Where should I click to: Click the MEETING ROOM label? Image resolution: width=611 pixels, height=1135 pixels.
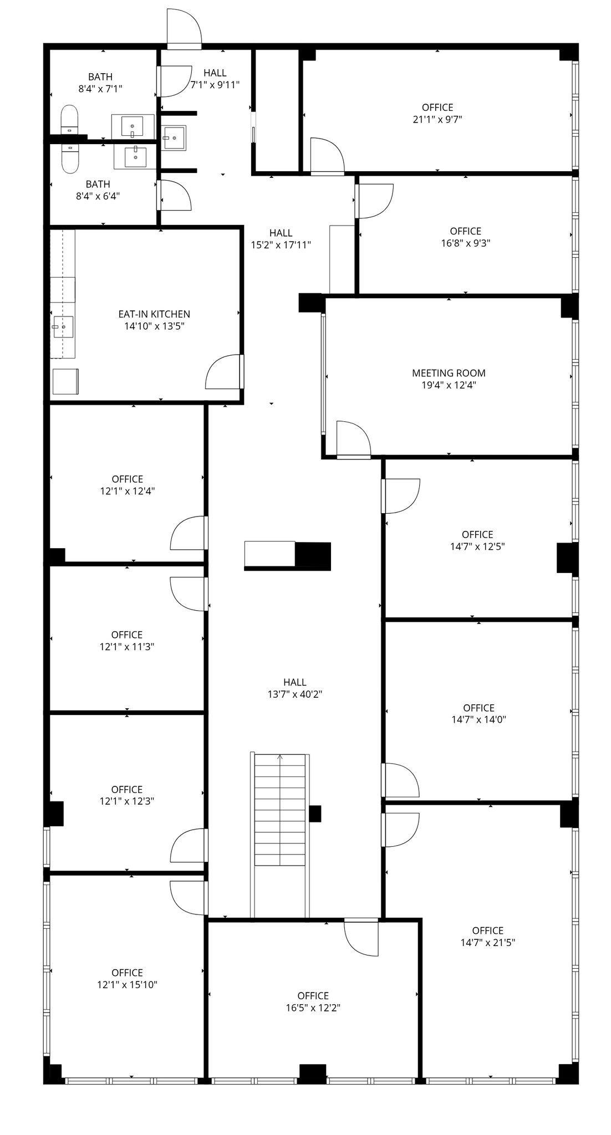pyautogui.click(x=449, y=373)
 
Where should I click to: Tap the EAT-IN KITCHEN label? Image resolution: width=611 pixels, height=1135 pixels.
pyautogui.click(x=154, y=314)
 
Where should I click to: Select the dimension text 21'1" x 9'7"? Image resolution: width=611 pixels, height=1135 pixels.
pyautogui.click(x=437, y=119)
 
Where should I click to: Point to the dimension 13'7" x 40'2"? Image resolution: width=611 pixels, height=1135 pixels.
pyautogui.click(x=295, y=694)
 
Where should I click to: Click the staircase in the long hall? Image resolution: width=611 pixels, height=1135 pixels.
pyautogui.click(x=280, y=810)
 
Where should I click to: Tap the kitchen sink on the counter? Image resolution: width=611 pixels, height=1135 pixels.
pyautogui.click(x=63, y=327)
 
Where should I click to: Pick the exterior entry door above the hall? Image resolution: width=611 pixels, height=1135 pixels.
pyautogui.click(x=184, y=27)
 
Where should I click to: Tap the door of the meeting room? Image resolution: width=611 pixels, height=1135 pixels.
pyautogui.click(x=353, y=439)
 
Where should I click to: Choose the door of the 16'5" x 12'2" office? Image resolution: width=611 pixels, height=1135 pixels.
pyautogui.click(x=361, y=937)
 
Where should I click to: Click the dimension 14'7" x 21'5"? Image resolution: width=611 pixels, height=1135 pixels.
pyautogui.click(x=488, y=943)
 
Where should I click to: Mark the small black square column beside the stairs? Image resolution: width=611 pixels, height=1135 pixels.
pyautogui.click(x=315, y=814)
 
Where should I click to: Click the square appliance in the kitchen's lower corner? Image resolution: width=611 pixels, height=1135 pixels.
pyautogui.click(x=65, y=382)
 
